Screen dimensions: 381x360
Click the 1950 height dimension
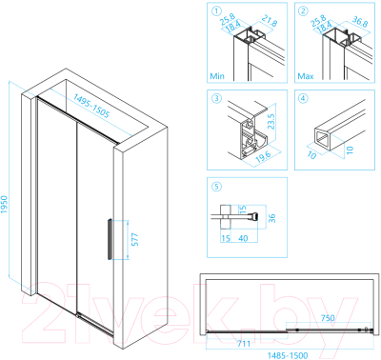[4, 204]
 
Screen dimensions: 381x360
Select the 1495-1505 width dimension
[91, 106]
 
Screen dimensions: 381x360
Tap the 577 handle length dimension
[135, 239]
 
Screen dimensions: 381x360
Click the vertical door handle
[110, 239]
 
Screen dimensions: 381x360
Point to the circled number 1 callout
[216, 11]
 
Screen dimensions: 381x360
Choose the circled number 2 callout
[303, 11]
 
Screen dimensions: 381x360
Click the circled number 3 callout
[216, 98]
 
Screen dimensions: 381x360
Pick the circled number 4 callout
[303, 98]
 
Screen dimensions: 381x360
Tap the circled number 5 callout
[216, 186]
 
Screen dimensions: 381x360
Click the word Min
[217, 76]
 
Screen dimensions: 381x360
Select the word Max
[306, 76]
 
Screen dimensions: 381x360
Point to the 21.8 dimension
[270, 21]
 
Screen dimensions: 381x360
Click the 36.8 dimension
[360, 21]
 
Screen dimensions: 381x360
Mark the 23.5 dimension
[271, 122]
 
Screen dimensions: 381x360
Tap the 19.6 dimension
[263, 156]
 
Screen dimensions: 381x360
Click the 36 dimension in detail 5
[271, 218]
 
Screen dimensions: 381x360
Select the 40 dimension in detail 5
[243, 238]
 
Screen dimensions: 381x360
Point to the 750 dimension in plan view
[328, 318]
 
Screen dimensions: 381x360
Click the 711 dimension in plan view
[244, 344]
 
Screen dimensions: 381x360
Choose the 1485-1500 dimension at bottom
[288, 355]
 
